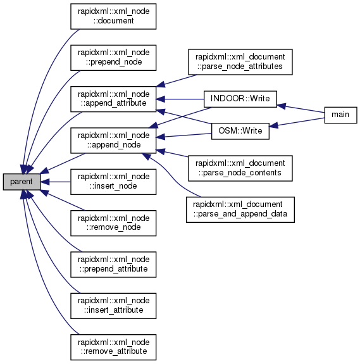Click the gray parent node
tap(22, 182)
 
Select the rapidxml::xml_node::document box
tap(113, 16)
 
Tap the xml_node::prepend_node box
tap(113, 58)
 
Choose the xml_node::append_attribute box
tap(113, 99)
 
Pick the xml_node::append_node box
tap(113, 140)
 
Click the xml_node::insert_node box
tap(113, 182)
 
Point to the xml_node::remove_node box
tap(113, 223)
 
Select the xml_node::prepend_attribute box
tap(113, 265)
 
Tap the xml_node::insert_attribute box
tap(113, 306)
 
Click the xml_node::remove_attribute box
tap(113, 347)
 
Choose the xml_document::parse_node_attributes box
tap(240, 62)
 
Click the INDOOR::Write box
tap(240, 99)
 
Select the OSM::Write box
tap(240, 131)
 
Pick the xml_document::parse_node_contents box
tap(240, 168)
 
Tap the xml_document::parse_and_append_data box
tap(240, 210)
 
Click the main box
tap(340, 115)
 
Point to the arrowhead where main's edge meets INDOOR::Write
tap(281, 106)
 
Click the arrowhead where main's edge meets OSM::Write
tap(273, 125)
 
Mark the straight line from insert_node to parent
tap(56, 182)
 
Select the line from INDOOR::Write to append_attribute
tap(180, 99)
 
